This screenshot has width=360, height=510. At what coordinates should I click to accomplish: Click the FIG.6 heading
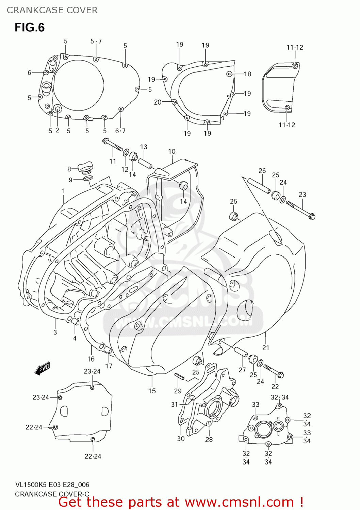pyautogui.click(x=30, y=28)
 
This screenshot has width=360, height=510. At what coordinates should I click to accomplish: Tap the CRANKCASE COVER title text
pyautogui.click(x=52, y=10)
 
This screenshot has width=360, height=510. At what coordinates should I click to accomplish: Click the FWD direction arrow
pyautogui.click(x=43, y=368)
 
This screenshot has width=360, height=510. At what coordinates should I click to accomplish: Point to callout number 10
pyautogui.click(x=171, y=152)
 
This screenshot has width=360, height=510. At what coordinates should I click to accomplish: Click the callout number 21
pyautogui.click(x=265, y=347)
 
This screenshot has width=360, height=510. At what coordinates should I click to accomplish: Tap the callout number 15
pyautogui.click(x=152, y=391)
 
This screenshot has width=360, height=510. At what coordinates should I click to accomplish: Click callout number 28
pyautogui.click(x=209, y=440)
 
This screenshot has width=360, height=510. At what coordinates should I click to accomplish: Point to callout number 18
pyautogui.click(x=247, y=74)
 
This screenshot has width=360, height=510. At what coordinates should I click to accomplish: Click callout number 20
pyautogui.click(x=158, y=102)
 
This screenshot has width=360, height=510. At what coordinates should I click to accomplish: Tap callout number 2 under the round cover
pyautogui.click(x=58, y=130)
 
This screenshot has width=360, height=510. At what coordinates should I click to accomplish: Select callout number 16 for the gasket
pyautogui.click(x=91, y=359)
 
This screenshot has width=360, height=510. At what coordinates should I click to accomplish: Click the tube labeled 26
pyautogui.click(x=259, y=185)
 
